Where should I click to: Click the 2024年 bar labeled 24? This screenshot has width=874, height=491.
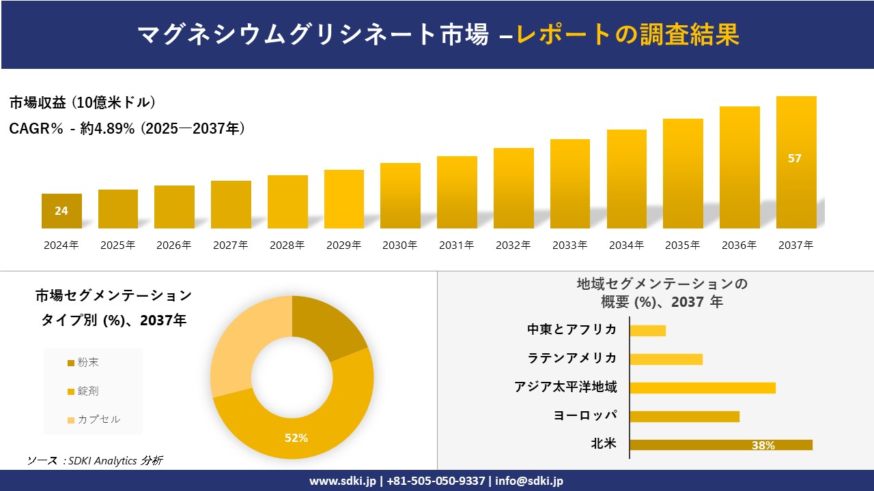click(61, 211)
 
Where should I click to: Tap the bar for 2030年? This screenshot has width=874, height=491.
click(400, 196)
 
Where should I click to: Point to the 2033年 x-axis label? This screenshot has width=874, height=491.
click(569, 245)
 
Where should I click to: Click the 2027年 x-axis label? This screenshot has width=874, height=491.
click(230, 245)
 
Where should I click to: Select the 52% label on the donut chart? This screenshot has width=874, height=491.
click(296, 438)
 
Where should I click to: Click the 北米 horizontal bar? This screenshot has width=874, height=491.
click(720, 445)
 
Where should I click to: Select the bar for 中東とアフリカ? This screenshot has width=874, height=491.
click(647, 331)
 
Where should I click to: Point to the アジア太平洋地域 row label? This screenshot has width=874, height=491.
click(565, 387)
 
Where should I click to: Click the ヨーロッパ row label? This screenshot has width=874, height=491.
click(585, 416)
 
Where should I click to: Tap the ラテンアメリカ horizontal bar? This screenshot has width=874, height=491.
click(666, 359)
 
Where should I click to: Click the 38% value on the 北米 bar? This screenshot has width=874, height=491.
click(763, 445)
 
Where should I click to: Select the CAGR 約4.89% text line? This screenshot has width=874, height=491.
click(127, 128)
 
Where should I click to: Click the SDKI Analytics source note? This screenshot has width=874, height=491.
click(95, 461)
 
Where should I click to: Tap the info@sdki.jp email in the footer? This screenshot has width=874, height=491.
click(529, 481)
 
